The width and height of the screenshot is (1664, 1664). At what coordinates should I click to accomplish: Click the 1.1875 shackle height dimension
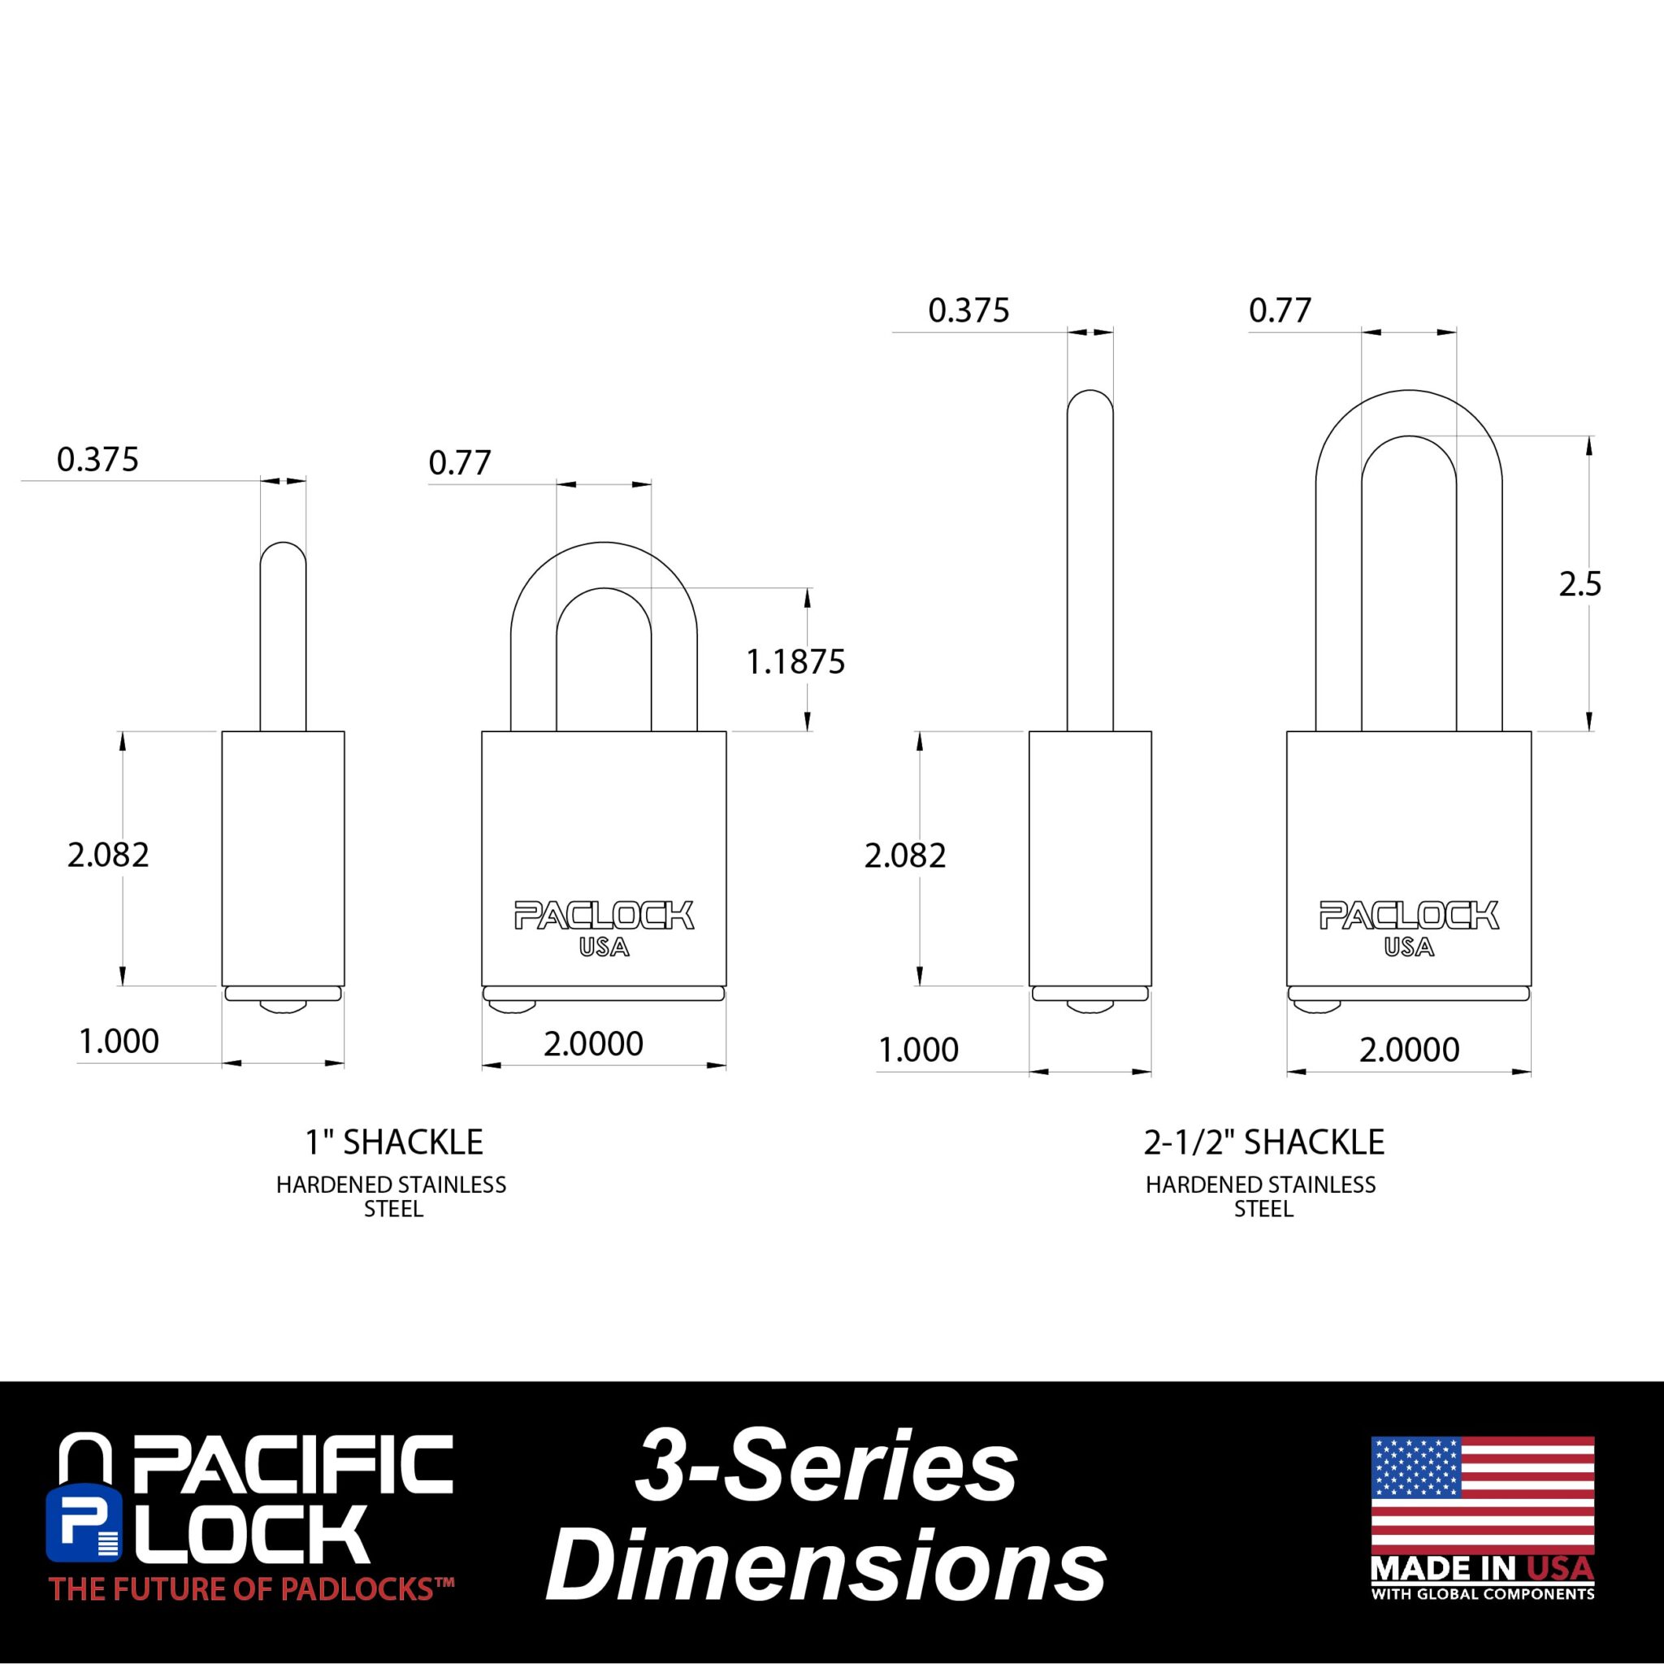tap(795, 662)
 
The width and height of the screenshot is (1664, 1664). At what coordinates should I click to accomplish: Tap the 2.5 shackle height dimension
tap(1579, 585)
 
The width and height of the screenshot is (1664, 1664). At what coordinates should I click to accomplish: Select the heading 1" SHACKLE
tap(393, 1142)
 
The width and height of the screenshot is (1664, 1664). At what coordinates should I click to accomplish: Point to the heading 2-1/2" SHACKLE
tap(1263, 1142)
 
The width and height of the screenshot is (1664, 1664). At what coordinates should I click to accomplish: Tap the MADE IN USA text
tap(1482, 1568)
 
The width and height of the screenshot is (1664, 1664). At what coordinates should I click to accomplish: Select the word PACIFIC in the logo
tap(292, 1467)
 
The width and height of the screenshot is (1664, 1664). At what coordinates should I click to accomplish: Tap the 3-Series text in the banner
tap(826, 1468)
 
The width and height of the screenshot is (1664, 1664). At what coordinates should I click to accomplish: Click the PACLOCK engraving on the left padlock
tap(604, 916)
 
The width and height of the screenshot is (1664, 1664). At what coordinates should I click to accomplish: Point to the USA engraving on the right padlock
tap(1409, 947)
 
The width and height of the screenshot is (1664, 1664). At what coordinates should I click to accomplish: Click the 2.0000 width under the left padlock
tap(593, 1044)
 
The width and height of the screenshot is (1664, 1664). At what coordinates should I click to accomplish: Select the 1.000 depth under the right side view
tap(918, 1049)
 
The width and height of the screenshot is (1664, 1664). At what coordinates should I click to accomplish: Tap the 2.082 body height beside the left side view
tap(109, 855)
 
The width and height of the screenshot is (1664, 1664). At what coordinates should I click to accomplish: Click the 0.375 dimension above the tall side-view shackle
tap(969, 310)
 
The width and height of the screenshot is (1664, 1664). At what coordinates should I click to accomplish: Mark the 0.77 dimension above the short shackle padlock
tap(460, 463)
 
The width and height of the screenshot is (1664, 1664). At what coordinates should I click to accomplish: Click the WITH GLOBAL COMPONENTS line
tap(1482, 1594)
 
